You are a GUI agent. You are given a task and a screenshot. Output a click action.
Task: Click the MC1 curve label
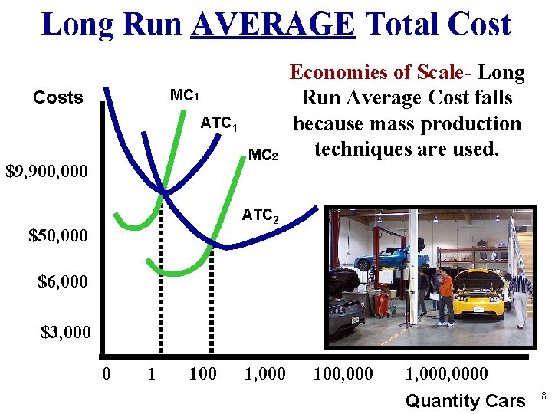[x=184, y=96]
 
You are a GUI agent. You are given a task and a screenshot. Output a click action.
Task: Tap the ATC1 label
[x=219, y=123]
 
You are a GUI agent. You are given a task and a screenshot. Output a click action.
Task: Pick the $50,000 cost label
[x=58, y=235]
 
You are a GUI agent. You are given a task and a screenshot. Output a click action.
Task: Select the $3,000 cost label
[x=65, y=332]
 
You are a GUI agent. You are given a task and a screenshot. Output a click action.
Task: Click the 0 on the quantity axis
[x=107, y=374]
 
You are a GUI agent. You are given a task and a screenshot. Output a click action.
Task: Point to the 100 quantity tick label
[x=202, y=374]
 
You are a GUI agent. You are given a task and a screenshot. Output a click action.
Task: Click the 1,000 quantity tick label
[x=264, y=374]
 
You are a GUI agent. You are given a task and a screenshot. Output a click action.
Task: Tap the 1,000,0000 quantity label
[x=446, y=374]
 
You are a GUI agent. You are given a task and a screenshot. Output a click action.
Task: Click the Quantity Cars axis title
[x=465, y=400]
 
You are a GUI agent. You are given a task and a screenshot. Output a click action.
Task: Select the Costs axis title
[x=58, y=97]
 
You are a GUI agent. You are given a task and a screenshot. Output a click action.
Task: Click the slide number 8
[x=544, y=396]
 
